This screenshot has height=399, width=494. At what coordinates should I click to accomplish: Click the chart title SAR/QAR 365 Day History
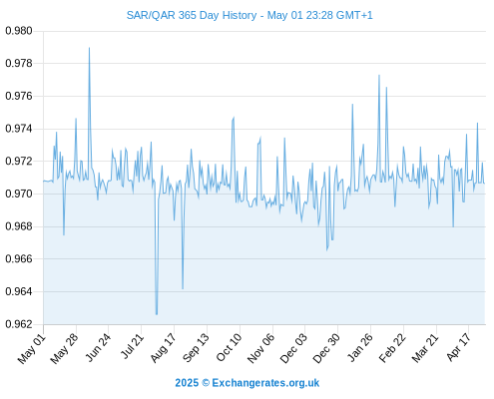[192, 15]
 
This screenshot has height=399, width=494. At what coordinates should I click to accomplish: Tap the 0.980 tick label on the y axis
[19, 31]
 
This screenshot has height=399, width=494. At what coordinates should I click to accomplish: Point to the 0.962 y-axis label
[19, 324]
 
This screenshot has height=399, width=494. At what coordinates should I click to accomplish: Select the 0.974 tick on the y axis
[19, 129]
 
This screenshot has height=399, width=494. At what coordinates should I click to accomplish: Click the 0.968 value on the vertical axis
[19, 226]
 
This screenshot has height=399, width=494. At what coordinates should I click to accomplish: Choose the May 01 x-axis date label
[32, 349]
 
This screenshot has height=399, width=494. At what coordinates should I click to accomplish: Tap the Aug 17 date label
[163, 348]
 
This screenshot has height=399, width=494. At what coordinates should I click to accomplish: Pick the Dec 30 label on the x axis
[326, 348]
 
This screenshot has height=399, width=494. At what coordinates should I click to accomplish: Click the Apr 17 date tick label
[458, 348]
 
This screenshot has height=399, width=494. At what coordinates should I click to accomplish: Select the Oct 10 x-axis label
[229, 348]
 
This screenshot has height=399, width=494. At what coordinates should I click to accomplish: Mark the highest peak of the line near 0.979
[89, 48]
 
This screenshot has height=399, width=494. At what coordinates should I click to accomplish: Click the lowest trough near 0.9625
[157, 314]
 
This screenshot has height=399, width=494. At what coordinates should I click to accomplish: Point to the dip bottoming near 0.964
[183, 288]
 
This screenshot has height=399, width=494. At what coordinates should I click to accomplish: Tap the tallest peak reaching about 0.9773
[379, 76]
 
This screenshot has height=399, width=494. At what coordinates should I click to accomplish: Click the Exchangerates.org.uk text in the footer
[265, 383]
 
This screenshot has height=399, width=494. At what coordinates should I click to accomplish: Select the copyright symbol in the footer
[206, 383]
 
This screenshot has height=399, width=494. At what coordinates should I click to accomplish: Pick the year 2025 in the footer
[187, 383]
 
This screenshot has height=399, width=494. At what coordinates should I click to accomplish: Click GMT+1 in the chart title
[354, 15]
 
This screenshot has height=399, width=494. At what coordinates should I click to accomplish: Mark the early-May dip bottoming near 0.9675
[64, 234]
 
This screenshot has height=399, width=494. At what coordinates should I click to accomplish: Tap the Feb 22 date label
[392, 348]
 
